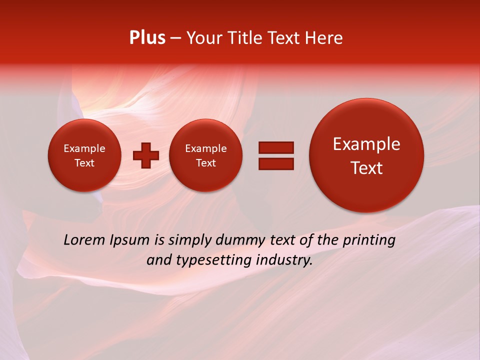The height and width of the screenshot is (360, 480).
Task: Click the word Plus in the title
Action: [x=147, y=38]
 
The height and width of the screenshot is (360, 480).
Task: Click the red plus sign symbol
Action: [x=146, y=155]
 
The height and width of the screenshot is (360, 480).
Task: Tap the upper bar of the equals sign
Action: [x=276, y=147]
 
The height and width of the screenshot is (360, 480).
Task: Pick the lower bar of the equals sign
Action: [x=276, y=163]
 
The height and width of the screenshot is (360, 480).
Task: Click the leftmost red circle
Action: [x=84, y=155]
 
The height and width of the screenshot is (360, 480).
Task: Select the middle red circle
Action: [x=205, y=155]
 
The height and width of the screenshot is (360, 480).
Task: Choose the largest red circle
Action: [x=366, y=155]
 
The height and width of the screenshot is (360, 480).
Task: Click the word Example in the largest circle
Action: [x=366, y=144]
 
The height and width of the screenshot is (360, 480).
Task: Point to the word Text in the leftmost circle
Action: [x=84, y=163]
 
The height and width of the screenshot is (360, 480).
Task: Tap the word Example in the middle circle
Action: [x=205, y=148]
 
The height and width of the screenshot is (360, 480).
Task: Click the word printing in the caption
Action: [x=369, y=240]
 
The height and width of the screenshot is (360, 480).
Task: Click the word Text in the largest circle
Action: [x=366, y=168]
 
